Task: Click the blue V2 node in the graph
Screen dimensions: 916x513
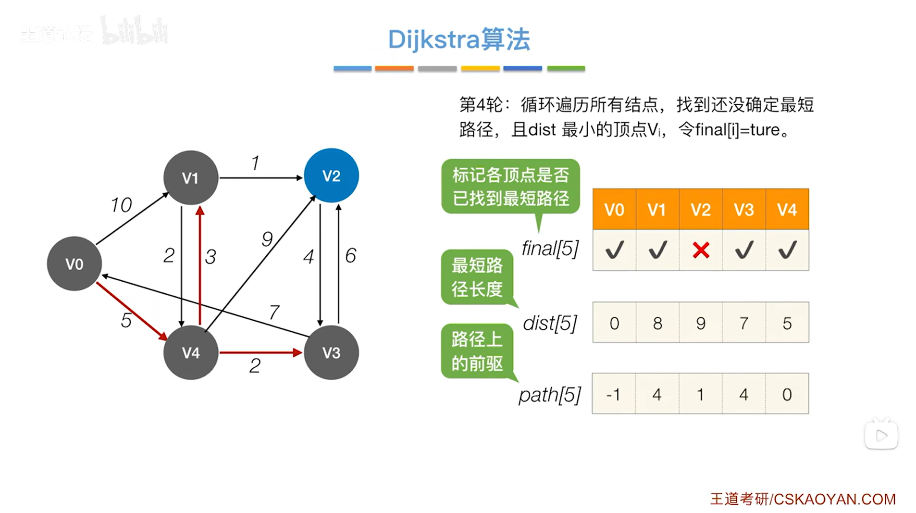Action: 331,175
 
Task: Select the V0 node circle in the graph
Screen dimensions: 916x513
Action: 74,263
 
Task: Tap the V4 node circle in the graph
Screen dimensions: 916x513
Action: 191,352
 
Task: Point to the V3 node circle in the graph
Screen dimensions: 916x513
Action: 331,352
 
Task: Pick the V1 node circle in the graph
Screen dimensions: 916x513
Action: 191,177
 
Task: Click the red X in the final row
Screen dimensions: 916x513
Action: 701,250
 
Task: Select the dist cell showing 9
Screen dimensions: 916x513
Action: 701,323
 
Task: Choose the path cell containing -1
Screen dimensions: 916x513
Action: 614,394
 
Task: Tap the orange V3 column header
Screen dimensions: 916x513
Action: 743,210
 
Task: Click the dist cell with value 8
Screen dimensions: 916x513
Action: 657,323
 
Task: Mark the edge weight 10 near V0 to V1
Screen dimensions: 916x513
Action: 121,205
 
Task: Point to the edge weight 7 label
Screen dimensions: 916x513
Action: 274,313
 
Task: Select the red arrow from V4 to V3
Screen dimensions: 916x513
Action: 260,352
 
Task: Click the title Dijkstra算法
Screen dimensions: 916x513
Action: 459,39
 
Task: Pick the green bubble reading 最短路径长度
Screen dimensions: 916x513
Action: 477,277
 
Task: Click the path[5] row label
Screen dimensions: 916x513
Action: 550,395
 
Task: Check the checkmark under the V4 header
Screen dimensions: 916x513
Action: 787,250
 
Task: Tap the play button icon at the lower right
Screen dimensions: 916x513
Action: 881,436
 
